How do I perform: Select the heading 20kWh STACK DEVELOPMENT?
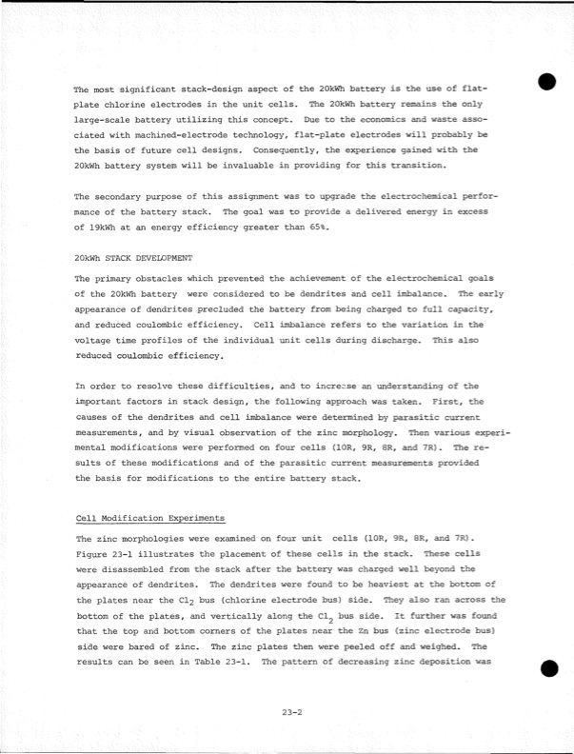pos(133,258)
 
